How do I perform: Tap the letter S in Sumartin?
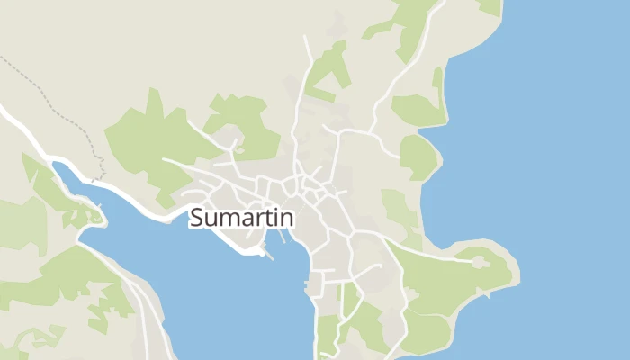(x=198, y=219)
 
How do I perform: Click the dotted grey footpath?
(x=54, y=99)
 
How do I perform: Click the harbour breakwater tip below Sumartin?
(x=271, y=257)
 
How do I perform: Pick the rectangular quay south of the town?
(x=312, y=288)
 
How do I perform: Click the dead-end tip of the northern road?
(x=306, y=38)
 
